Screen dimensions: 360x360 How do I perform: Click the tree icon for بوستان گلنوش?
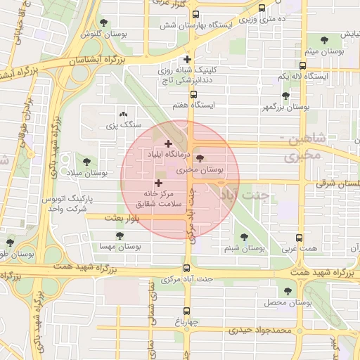(x=105, y=23)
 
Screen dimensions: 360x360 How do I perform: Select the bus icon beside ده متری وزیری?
(x=262, y=8)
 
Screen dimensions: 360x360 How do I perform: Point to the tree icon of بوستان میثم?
(x=323, y=41)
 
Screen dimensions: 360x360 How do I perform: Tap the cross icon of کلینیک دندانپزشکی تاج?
(x=187, y=60)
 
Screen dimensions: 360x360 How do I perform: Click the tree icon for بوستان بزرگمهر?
(x=285, y=96)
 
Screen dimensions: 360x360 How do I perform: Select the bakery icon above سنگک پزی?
(x=124, y=113)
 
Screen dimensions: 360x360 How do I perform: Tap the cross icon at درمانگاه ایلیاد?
(x=168, y=143)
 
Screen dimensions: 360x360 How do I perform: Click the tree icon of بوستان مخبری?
(x=200, y=159)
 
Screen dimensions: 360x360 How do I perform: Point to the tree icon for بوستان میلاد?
(x=86, y=162)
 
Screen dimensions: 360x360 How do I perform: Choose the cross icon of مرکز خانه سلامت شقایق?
(x=157, y=183)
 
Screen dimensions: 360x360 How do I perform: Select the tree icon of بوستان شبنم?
(x=244, y=237)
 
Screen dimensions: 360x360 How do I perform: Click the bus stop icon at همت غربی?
(x=300, y=238)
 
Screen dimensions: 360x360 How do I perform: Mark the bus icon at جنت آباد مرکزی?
(x=187, y=268)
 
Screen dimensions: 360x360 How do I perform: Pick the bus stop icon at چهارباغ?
(x=187, y=310)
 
